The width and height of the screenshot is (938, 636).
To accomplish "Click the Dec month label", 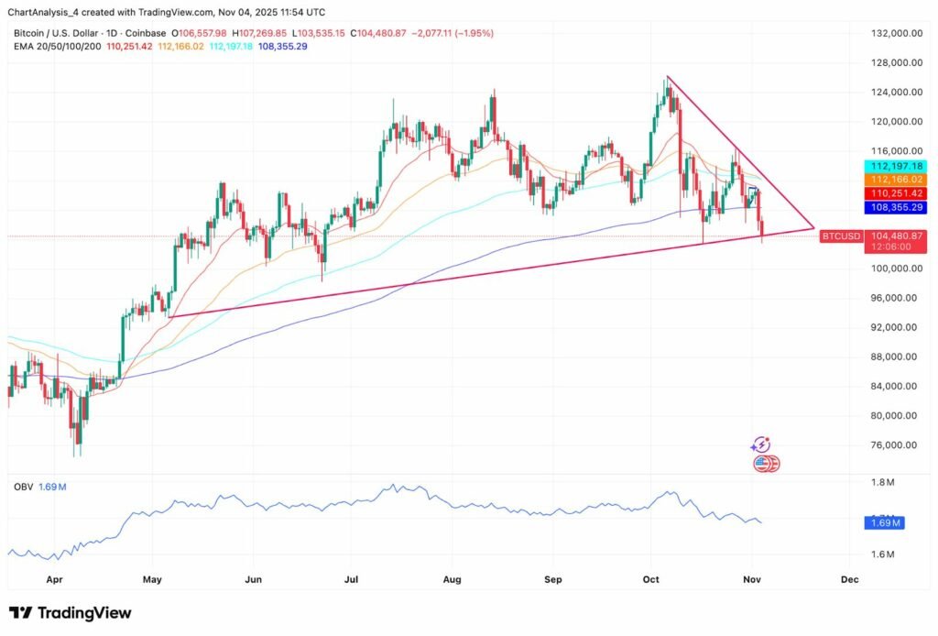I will point(849,579).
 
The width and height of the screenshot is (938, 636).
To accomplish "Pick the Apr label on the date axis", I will point(53,579).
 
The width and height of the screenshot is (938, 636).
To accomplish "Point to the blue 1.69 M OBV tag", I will point(885,523).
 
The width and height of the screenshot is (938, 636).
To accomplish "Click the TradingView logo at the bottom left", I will point(71,613).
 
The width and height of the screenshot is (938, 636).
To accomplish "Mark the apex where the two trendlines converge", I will point(813,228).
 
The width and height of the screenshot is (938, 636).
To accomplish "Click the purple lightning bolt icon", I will point(760,444).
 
